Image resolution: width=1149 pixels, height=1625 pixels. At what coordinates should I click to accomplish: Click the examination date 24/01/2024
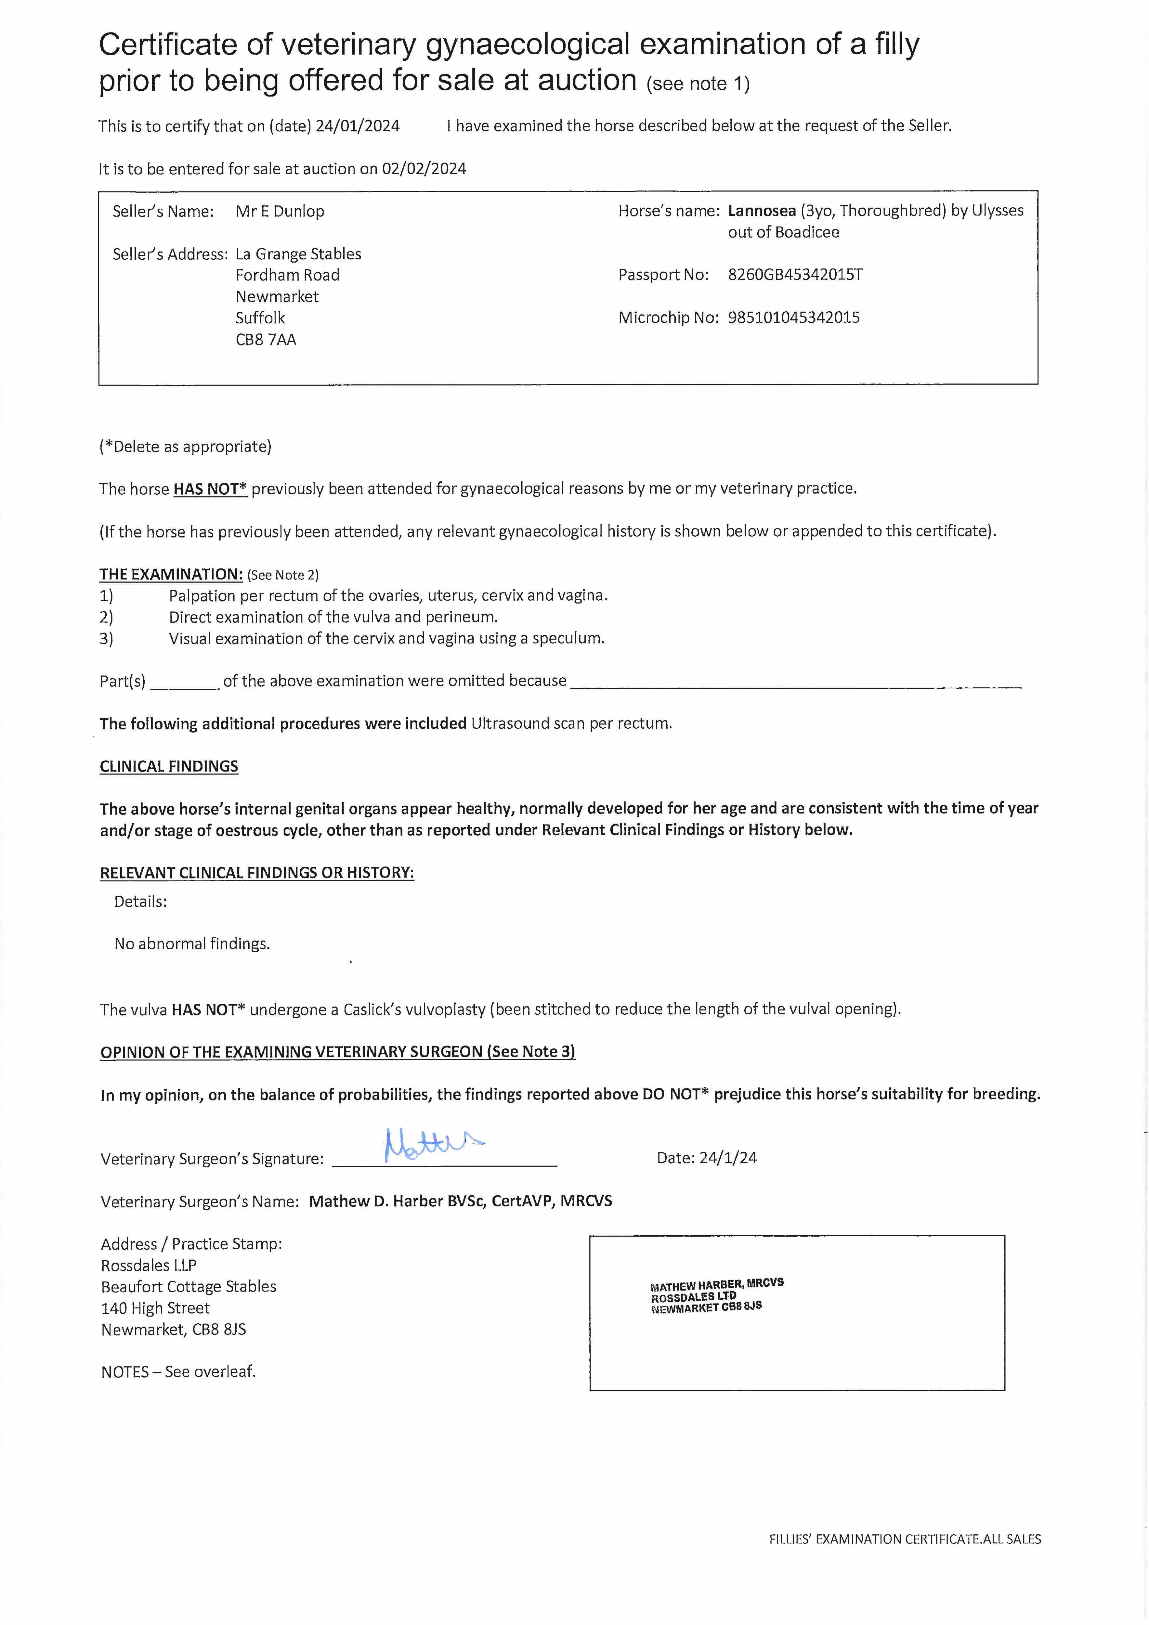coord(358,126)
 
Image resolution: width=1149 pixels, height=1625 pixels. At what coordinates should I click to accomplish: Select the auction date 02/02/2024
coord(424,168)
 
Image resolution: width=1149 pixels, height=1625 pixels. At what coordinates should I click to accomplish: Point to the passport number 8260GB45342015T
coord(795,275)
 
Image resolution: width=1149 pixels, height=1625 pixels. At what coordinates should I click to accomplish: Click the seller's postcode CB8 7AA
coord(266,340)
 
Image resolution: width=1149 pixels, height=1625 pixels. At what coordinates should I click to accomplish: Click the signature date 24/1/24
coord(728,1158)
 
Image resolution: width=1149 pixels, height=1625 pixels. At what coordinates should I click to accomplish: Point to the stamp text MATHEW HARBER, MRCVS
coord(716,1285)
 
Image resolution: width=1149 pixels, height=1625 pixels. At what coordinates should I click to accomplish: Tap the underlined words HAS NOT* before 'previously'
coord(210,489)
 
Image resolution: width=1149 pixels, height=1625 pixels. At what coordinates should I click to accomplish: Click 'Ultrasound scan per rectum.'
coord(571,723)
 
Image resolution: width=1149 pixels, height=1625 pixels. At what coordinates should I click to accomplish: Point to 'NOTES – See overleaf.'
coord(178,1371)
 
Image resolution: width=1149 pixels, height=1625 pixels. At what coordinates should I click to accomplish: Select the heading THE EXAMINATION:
coord(171,574)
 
